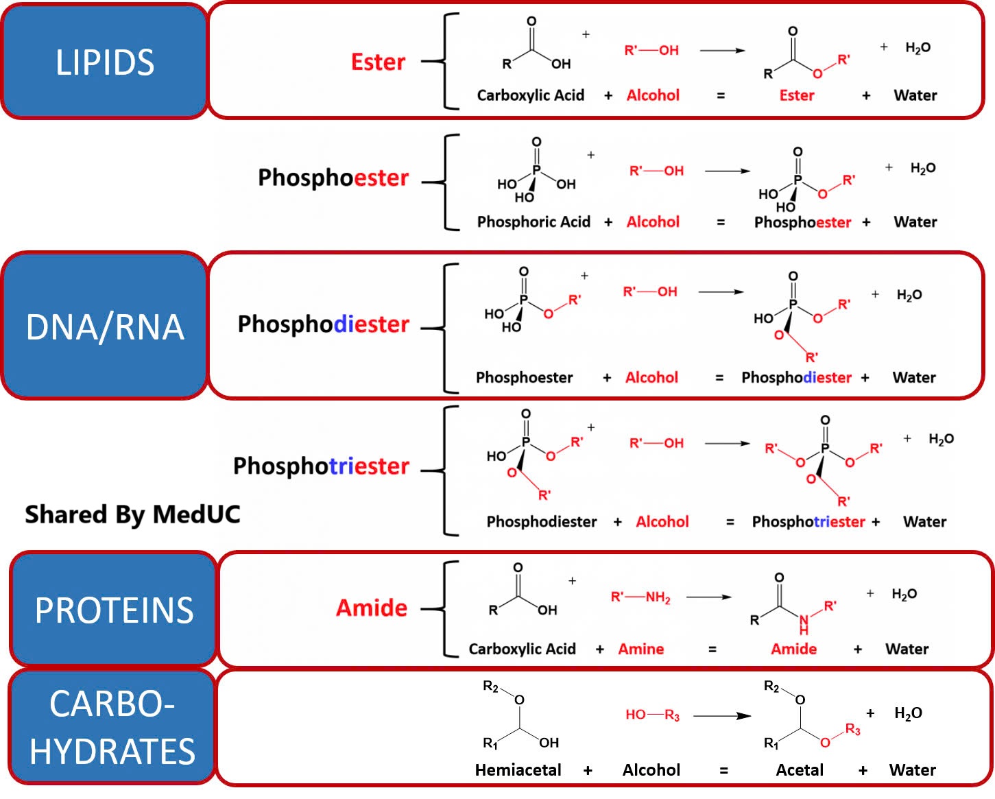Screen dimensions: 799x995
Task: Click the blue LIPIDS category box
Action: [x=104, y=62]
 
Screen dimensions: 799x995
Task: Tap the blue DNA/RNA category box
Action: [x=104, y=326]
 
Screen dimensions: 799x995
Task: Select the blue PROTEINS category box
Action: [x=114, y=610]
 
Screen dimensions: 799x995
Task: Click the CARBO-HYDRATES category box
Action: [x=112, y=728]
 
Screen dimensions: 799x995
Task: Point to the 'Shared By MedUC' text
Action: [x=132, y=514]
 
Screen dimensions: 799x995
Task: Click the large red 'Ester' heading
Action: [x=378, y=62]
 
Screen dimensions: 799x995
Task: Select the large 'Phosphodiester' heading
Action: [x=323, y=324]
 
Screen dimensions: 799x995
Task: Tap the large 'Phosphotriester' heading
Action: [x=321, y=466]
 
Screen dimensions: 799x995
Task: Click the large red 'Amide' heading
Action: [x=372, y=608]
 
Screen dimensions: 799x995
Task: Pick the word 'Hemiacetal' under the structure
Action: [x=518, y=770]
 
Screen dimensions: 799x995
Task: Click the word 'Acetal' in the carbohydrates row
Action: [x=800, y=770]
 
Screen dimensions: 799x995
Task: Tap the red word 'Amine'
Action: [x=641, y=649]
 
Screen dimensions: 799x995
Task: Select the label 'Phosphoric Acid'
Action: [x=534, y=222]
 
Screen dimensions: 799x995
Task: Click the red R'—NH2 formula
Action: [x=640, y=597]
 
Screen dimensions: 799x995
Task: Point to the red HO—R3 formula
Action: [x=652, y=715]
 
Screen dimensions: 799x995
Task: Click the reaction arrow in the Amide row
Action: [x=709, y=597]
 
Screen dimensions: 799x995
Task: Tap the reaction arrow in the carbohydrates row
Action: [x=722, y=715]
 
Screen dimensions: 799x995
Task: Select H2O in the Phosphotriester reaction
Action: [x=941, y=439]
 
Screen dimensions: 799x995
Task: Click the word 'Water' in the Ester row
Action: [x=915, y=95]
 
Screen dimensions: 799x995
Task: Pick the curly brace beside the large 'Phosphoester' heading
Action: [x=446, y=182]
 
